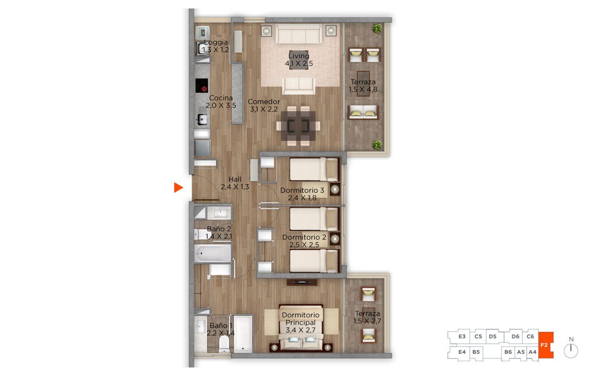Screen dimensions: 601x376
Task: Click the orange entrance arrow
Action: pyautogui.click(x=178, y=187)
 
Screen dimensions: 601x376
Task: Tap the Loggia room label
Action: pyautogui.click(x=216, y=42)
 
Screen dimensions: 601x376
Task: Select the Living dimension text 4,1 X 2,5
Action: pyautogui.click(x=298, y=63)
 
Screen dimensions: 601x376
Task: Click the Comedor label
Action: pyautogui.click(x=264, y=101)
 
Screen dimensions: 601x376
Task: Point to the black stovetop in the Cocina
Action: pyautogui.click(x=201, y=85)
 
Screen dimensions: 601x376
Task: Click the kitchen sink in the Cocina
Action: pyautogui.click(x=202, y=119)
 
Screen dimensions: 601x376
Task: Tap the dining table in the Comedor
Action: pyautogui.click(x=298, y=126)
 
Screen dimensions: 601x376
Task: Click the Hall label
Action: pyautogui.click(x=235, y=179)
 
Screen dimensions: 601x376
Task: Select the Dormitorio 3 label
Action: pyautogui.click(x=302, y=191)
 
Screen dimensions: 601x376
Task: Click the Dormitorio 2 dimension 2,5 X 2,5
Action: pyautogui.click(x=305, y=245)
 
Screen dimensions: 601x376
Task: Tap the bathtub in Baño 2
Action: pyautogui.click(x=212, y=253)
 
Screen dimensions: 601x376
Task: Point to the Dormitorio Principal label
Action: pyautogui.click(x=300, y=318)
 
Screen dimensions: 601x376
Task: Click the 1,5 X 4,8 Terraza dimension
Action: pyautogui.click(x=363, y=89)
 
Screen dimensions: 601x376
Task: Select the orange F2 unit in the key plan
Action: pyautogui.click(x=546, y=345)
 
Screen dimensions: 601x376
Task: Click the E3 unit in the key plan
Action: pyautogui.click(x=462, y=336)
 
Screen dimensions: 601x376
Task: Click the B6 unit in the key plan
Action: pyautogui.click(x=508, y=352)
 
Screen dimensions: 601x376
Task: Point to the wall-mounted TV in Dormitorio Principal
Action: pyautogui.click(x=302, y=282)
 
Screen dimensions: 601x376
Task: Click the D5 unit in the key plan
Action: pyautogui.click(x=493, y=336)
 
